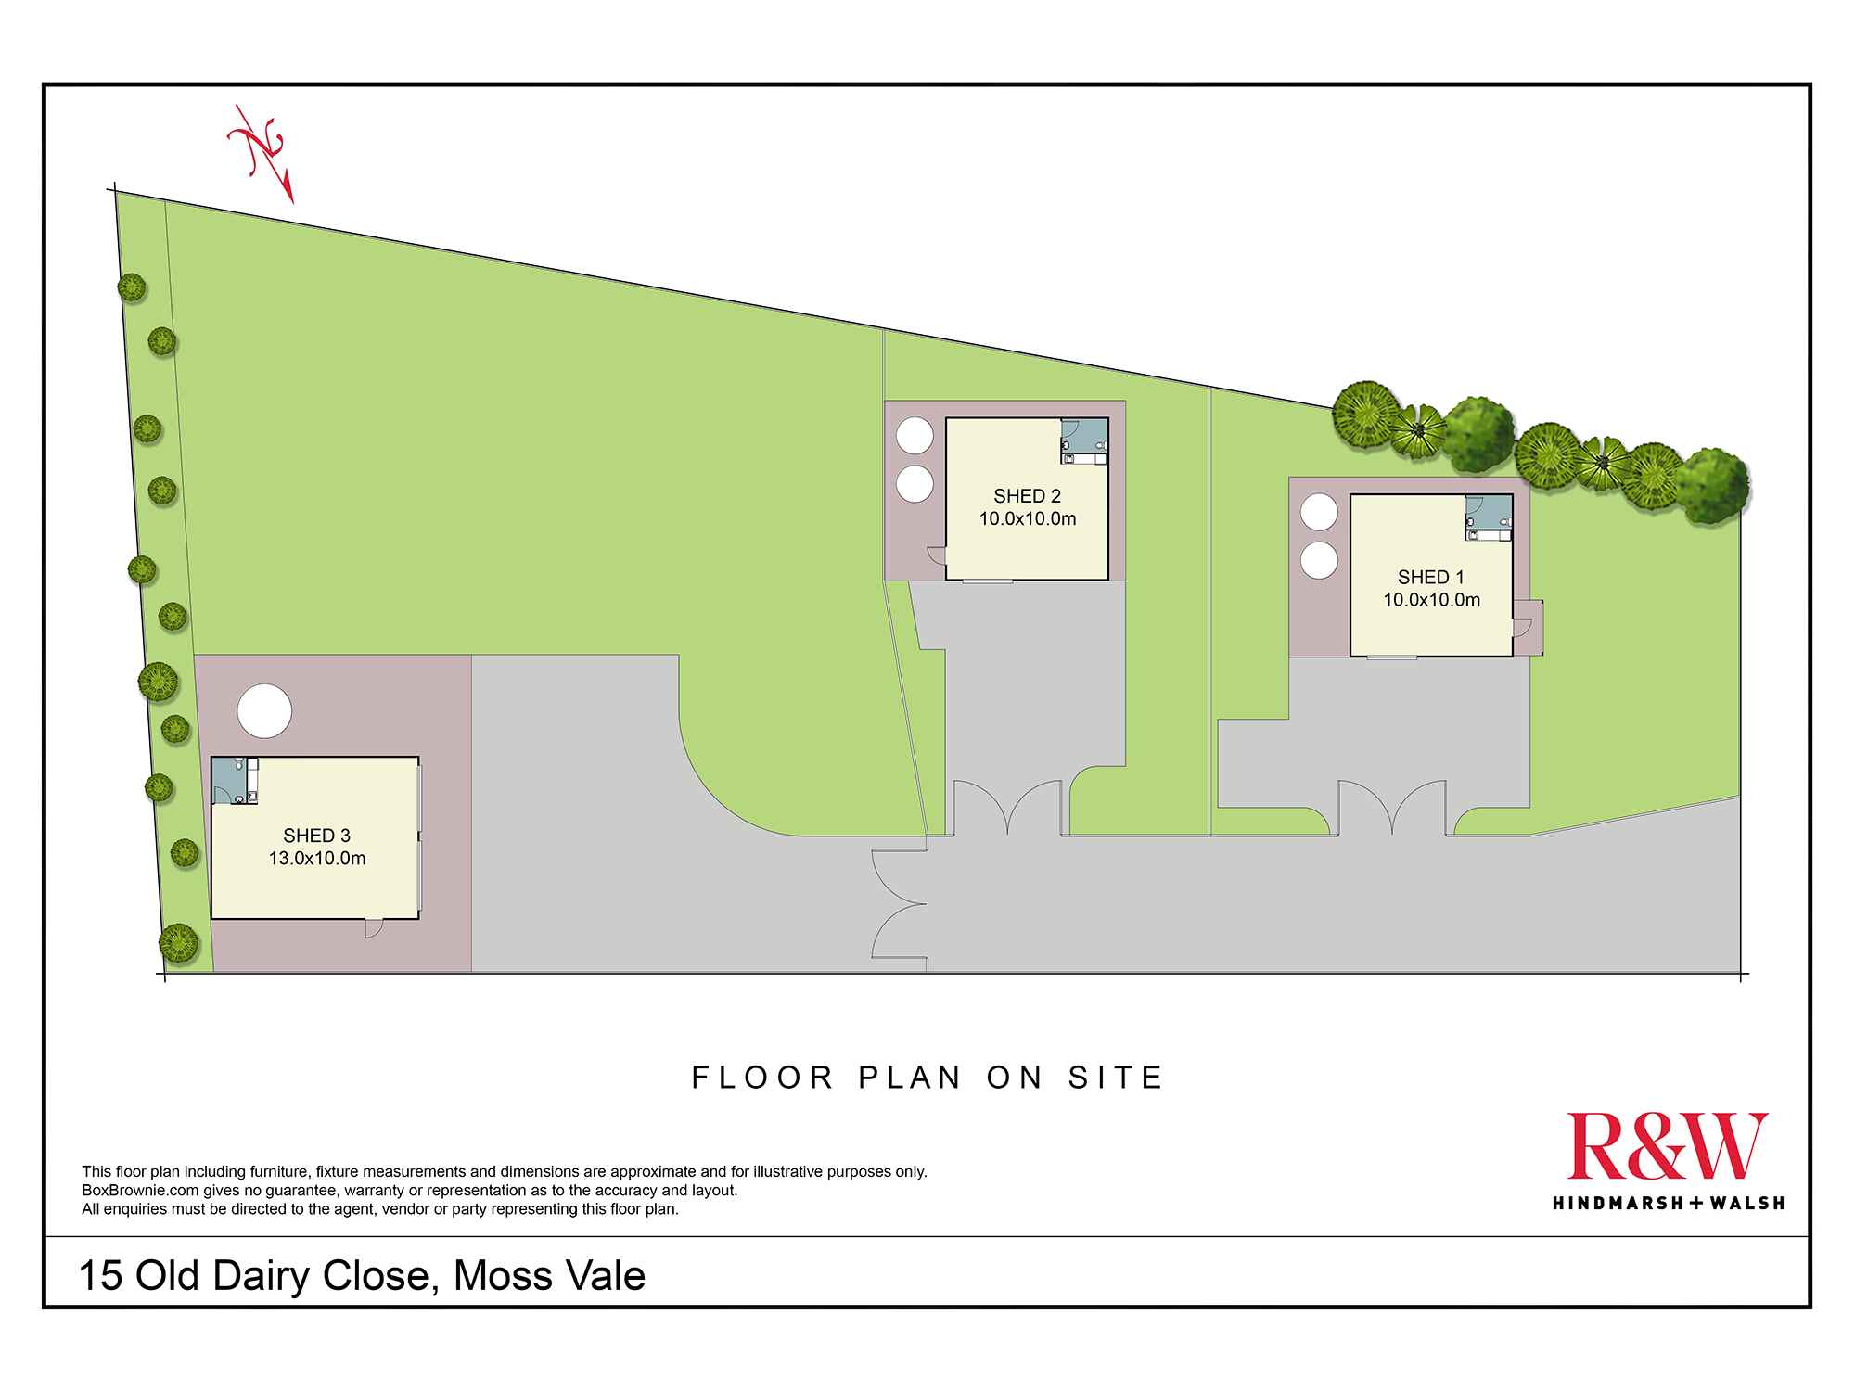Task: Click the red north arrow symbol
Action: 262,153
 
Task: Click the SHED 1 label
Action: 1431,577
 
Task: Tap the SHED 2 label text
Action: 1027,496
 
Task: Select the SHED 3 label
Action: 316,836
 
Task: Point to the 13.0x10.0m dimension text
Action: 317,859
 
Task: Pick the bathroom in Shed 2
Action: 1084,440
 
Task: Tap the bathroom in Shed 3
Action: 235,781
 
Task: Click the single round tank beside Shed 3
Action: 264,711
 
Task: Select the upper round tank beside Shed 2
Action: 915,436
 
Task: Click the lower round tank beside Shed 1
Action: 1319,561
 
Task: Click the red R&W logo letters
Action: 1668,1146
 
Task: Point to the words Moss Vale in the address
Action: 549,1276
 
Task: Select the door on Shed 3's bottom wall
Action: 373,928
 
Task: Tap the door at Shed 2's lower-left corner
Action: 936,555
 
